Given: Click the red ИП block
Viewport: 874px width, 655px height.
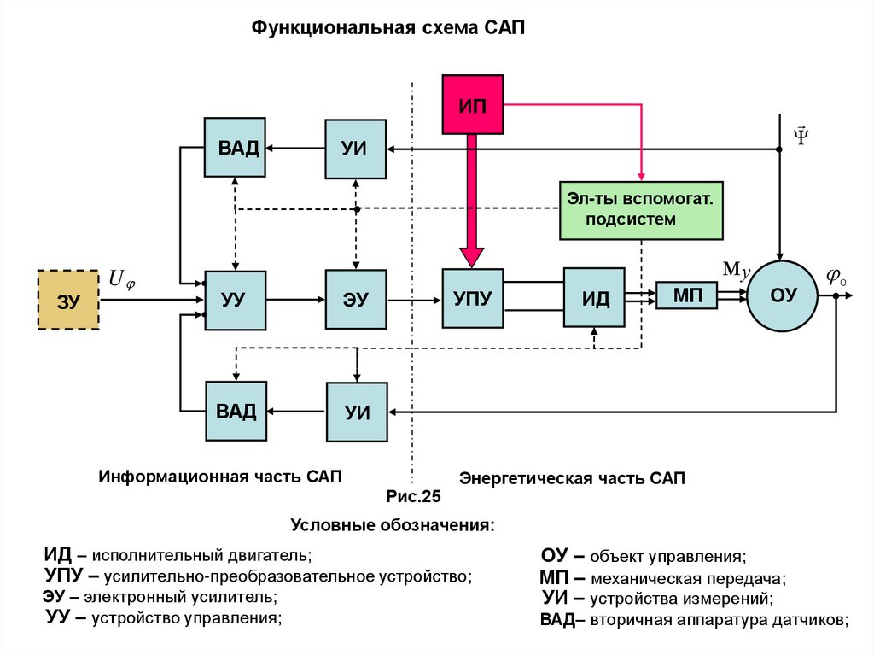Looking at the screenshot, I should (471, 104).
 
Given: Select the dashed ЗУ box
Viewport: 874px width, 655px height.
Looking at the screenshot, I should (69, 299).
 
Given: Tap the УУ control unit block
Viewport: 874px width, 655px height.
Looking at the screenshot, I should (234, 300).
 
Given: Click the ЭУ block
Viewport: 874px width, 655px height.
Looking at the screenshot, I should (355, 300).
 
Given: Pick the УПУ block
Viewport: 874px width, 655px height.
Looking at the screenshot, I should (472, 298).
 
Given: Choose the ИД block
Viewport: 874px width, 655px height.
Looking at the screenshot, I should (595, 298).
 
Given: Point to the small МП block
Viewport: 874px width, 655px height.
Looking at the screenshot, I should (686, 295).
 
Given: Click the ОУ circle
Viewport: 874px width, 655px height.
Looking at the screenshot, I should (783, 295).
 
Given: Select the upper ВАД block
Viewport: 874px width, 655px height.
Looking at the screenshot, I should (235, 147).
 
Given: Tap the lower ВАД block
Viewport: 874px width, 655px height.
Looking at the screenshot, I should (235, 411).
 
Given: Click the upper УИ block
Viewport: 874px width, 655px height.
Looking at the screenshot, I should (355, 148).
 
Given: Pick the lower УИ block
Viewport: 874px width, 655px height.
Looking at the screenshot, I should (356, 412).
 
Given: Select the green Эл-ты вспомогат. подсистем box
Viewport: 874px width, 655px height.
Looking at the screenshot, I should (641, 209).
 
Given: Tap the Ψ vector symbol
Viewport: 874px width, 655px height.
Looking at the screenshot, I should (801, 134).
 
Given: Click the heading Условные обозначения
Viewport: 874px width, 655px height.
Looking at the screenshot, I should (393, 523).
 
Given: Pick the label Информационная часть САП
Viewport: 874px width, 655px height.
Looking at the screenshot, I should (220, 476).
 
